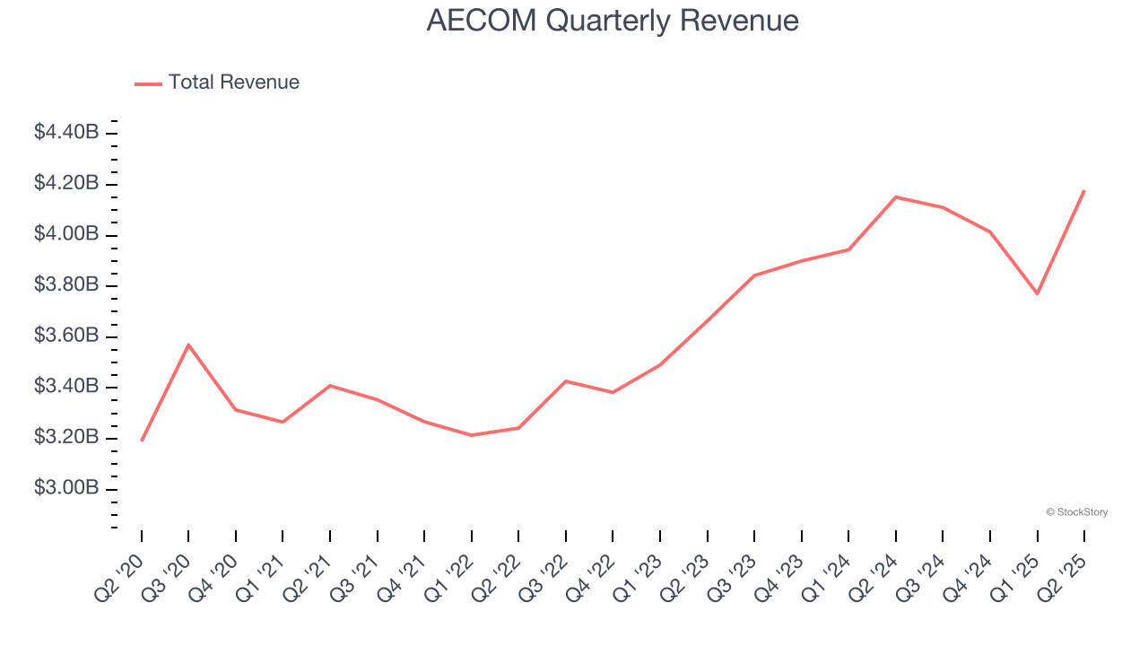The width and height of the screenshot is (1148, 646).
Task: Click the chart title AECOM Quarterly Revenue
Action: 613,21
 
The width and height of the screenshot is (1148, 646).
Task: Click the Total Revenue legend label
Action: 233,83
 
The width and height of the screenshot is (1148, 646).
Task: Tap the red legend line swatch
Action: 148,83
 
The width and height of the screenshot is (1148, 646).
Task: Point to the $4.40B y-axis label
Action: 66,133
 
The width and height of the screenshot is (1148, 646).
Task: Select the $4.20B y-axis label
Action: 66,184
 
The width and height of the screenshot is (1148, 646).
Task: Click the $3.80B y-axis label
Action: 66,285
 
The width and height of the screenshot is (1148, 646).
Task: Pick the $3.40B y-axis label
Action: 66,387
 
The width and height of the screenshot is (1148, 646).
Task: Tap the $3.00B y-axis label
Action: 66,488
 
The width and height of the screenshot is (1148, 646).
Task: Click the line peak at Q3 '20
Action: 188,345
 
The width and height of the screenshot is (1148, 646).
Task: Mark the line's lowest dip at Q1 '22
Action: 472,435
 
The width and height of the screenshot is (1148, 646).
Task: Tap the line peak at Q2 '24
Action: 896,196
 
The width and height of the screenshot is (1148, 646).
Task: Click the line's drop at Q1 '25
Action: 1038,293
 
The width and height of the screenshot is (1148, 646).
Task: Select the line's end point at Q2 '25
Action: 1084,190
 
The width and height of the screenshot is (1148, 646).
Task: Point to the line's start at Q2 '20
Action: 142,441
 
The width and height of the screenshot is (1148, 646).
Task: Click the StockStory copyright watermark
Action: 1076,512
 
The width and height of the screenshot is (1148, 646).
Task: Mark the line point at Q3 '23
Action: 754,275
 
